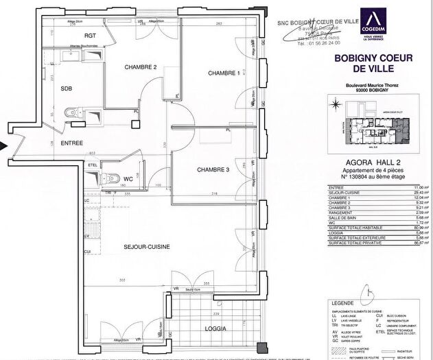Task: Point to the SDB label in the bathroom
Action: click(67, 88)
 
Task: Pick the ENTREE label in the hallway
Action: click(72, 143)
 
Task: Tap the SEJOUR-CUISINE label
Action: click(147, 245)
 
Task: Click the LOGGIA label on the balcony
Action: click(213, 327)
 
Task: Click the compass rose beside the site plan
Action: click(334, 106)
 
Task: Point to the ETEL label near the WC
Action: click(92, 165)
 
